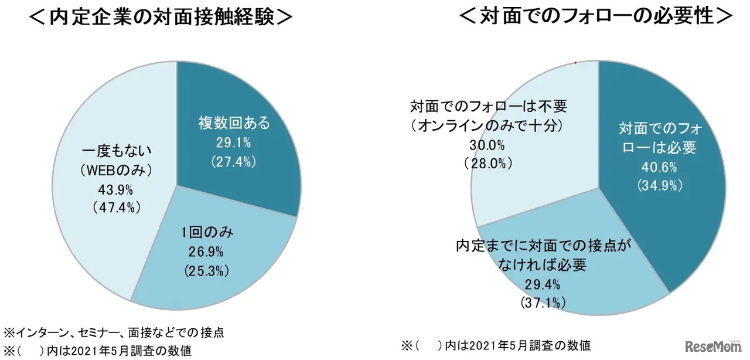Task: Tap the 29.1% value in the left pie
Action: pyautogui.click(x=234, y=142)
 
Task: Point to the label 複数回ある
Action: pyautogui.click(x=234, y=123)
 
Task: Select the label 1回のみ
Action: pyautogui.click(x=207, y=233)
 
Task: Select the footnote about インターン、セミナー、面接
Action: pyautogui.click(x=114, y=332)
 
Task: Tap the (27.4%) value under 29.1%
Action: pyautogui.click(x=234, y=161)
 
